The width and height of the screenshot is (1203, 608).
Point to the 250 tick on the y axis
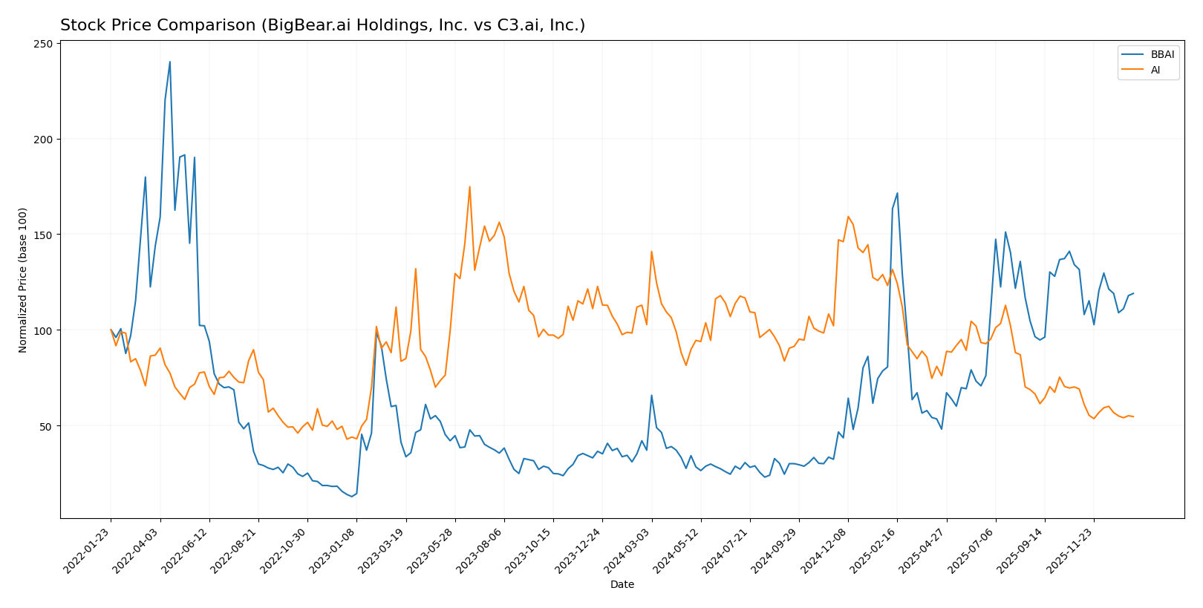click(x=46, y=44)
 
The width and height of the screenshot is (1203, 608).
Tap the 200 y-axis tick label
click(x=46, y=140)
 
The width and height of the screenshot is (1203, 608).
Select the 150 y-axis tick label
click(x=46, y=235)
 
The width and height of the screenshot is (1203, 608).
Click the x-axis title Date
click(x=622, y=585)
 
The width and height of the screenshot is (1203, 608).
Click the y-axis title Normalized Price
click(x=23, y=281)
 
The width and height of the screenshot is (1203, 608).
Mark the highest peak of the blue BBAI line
click(x=169, y=62)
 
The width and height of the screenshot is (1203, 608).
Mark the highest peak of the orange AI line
click(x=469, y=186)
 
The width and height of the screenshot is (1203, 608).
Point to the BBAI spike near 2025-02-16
click(x=897, y=193)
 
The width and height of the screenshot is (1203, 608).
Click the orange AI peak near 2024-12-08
click(x=847, y=217)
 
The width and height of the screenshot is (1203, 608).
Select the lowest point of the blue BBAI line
click(x=351, y=496)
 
